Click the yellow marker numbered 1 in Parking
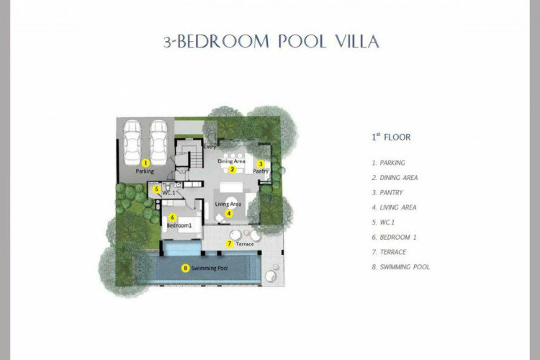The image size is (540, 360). pyautogui.click(x=145, y=163)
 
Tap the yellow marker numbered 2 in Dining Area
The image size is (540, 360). pyautogui.click(x=233, y=169)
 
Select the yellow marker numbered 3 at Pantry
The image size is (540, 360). pyautogui.click(x=261, y=164)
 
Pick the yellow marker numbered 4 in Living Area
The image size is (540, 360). pyautogui.click(x=229, y=213)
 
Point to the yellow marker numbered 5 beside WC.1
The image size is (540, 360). pyautogui.click(x=157, y=189)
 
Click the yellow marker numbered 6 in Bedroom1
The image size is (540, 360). pyautogui.click(x=172, y=217)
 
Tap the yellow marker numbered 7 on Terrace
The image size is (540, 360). pyautogui.click(x=230, y=244)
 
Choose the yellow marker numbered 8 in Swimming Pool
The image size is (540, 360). pyautogui.click(x=186, y=268)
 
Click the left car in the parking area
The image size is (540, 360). pyautogui.click(x=132, y=143)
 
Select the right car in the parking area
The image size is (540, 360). pyautogui.click(x=159, y=143)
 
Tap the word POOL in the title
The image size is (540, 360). pyautogui.click(x=302, y=41)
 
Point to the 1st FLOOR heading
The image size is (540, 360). pyautogui.click(x=391, y=137)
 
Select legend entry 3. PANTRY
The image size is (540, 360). pyautogui.click(x=387, y=192)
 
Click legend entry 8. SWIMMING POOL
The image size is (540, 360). pyautogui.click(x=401, y=267)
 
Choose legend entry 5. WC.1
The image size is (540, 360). pyautogui.click(x=383, y=222)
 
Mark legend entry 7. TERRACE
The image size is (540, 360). pyautogui.click(x=389, y=252)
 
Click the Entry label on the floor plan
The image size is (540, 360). pyautogui.click(x=210, y=147)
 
